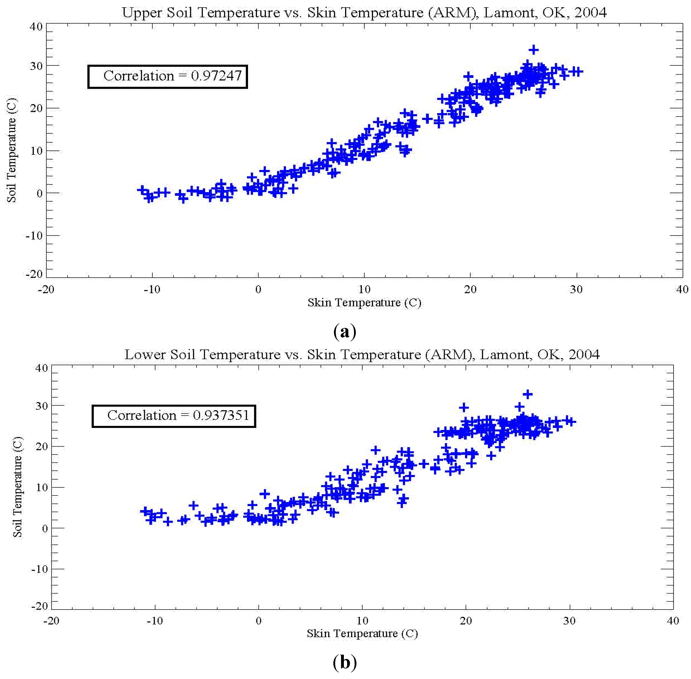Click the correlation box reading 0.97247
(168, 76)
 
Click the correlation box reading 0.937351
(174, 416)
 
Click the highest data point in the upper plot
(533, 50)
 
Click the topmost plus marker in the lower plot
(528, 394)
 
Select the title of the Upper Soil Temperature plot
(364, 13)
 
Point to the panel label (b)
(345, 663)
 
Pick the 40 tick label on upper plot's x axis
(682, 289)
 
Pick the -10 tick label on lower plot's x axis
(155, 621)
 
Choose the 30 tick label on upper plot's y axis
(36, 66)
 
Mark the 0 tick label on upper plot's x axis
(258, 289)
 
